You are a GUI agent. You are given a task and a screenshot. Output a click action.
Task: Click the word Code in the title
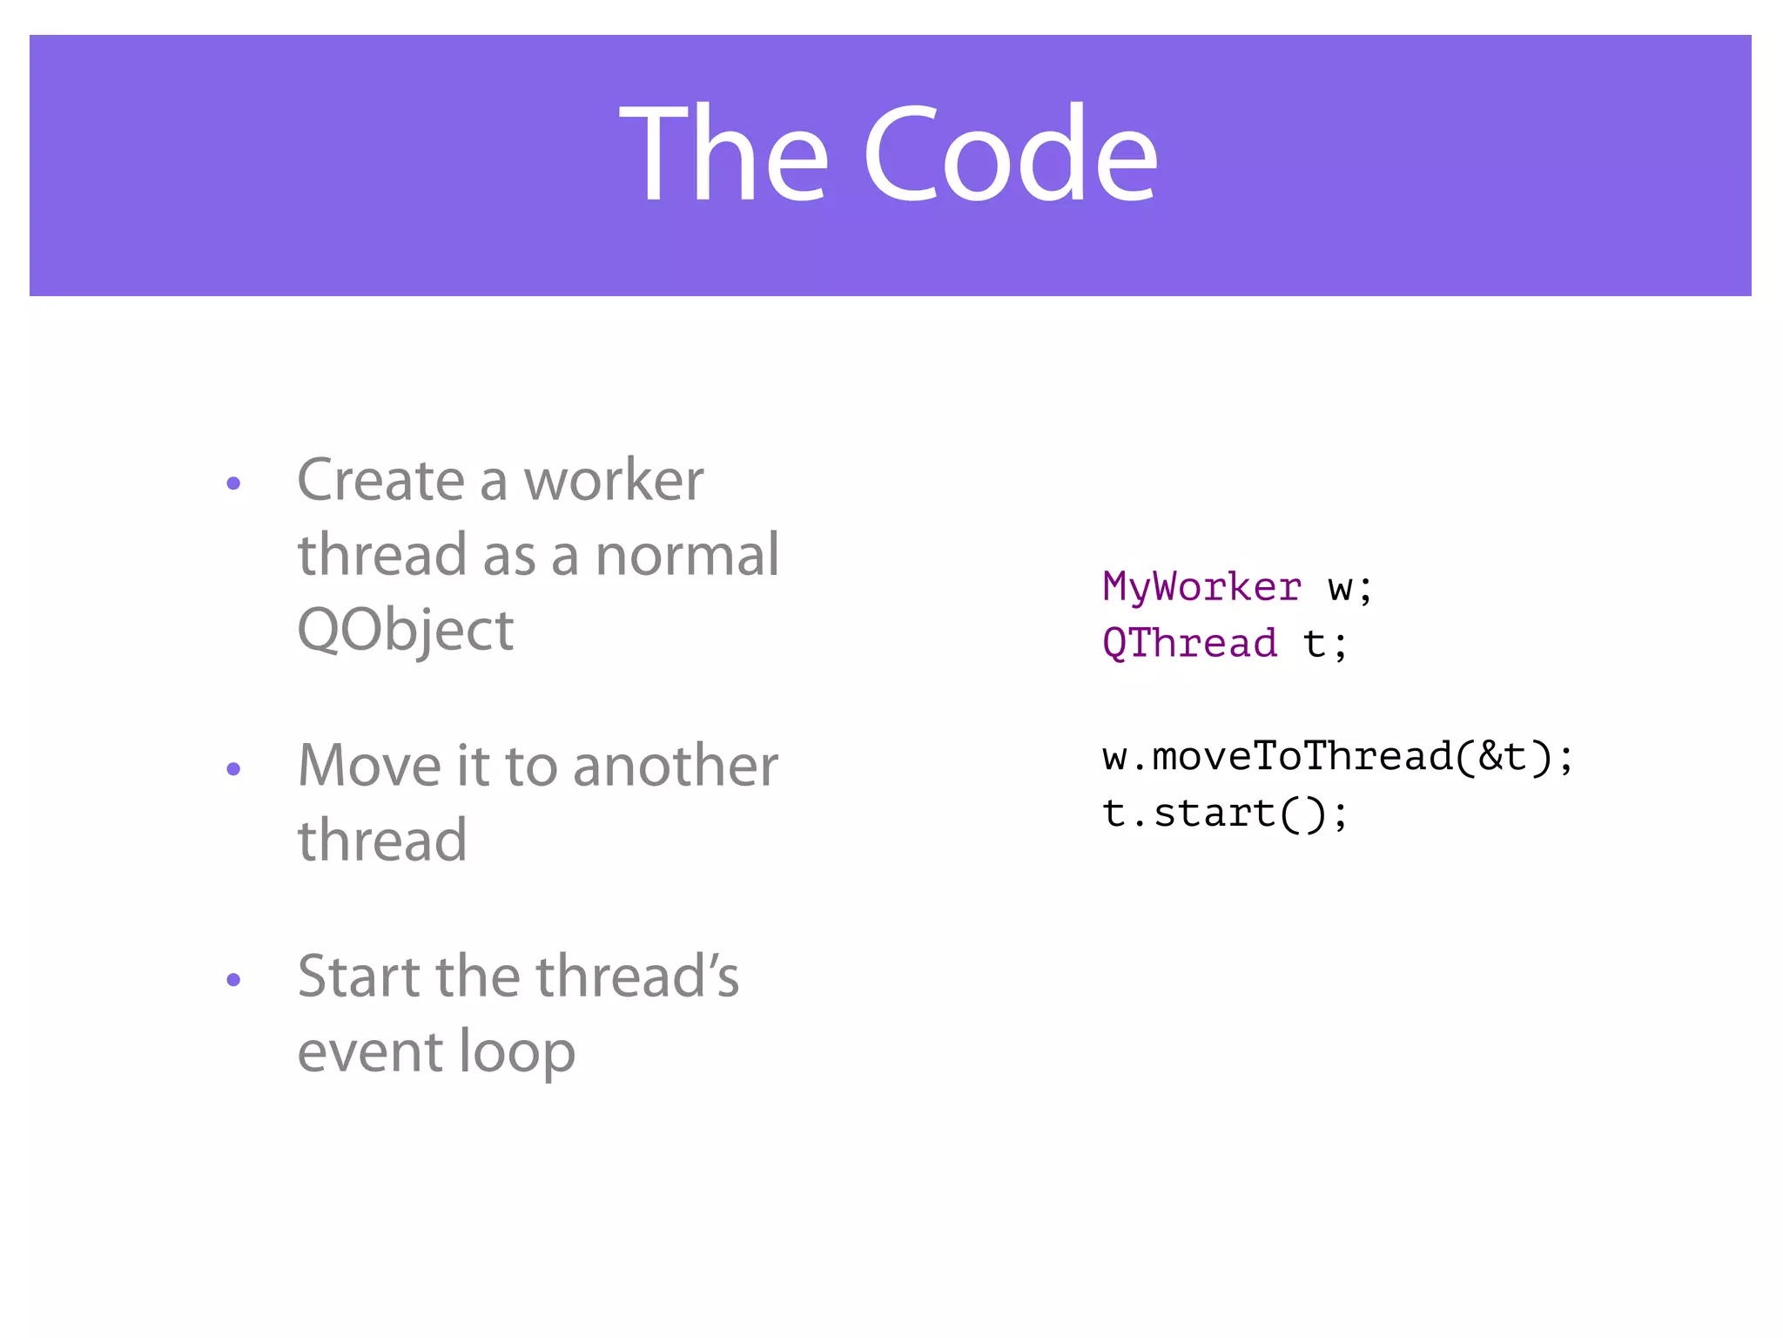click(x=1010, y=155)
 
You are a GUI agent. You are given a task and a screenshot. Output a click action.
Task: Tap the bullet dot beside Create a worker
click(x=232, y=483)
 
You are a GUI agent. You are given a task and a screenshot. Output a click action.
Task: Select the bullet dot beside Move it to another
click(x=232, y=769)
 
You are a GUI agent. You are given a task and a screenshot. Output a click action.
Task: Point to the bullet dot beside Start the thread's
click(x=232, y=980)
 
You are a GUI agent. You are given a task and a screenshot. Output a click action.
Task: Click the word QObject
click(x=406, y=631)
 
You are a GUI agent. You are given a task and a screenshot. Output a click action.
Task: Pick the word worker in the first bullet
click(x=613, y=481)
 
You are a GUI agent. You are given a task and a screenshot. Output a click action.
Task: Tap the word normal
click(x=687, y=556)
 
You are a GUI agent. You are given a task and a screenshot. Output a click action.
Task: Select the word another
click(x=675, y=767)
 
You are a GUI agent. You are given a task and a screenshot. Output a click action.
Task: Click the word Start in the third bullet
click(x=360, y=976)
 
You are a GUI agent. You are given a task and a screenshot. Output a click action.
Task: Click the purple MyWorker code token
click(x=1201, y=587)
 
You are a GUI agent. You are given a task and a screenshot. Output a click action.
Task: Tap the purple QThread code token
click(x=1189, y=644)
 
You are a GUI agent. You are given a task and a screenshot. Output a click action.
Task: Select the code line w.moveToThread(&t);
click(x=1337, y=756)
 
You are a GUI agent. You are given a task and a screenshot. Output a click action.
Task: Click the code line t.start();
click(x=1224, y=814)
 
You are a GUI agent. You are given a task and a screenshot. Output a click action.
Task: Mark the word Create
click(x=381, y=481)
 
